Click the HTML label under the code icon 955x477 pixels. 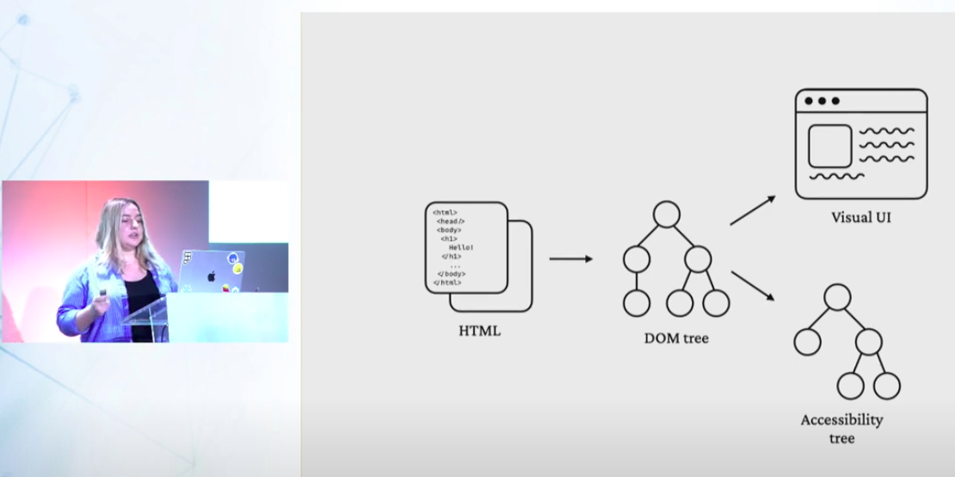479,331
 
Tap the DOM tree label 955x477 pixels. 676,338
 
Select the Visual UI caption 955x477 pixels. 860,217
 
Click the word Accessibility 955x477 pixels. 841,420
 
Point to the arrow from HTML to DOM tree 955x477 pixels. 570,259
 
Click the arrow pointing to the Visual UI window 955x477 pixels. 753,210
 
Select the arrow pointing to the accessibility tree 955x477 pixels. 753,286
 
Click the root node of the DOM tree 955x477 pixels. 666,214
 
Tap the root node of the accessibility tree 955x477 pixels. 837,297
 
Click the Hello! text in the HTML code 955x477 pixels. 460,248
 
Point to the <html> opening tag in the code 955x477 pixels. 445,213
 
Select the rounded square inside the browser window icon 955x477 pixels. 829,146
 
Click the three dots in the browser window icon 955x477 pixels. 822,101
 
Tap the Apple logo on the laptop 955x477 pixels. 212,276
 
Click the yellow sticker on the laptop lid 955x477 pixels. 237,268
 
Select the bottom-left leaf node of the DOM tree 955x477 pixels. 637,303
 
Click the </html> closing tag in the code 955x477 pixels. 447,282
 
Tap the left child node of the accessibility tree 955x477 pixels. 807,342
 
